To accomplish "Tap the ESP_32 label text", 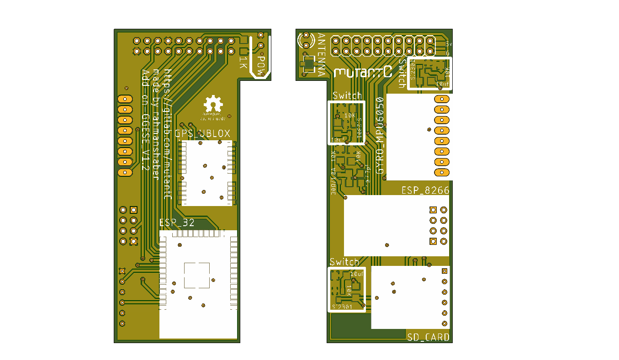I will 177,223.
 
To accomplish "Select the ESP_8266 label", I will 425,190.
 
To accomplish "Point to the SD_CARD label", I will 428,338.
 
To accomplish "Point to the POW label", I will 261,64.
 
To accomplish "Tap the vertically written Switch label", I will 402,73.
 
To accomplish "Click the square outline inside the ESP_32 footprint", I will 197,275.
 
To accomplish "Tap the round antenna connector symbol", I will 305,41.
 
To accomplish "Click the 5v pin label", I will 449,45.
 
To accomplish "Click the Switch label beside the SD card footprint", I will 344,262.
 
